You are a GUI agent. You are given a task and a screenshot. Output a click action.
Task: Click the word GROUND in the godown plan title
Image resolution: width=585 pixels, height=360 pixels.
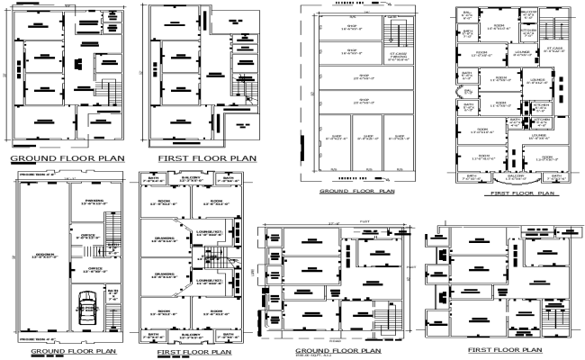click(32, 352)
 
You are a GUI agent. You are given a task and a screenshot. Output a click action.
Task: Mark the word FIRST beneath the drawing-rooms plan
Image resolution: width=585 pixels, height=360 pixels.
click(171, 353)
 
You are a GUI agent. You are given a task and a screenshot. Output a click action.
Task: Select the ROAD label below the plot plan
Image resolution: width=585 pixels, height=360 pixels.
click(336, 341)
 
